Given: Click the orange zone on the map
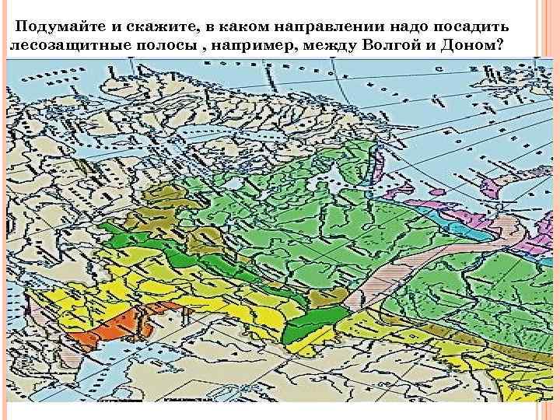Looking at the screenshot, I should (105, 331).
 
